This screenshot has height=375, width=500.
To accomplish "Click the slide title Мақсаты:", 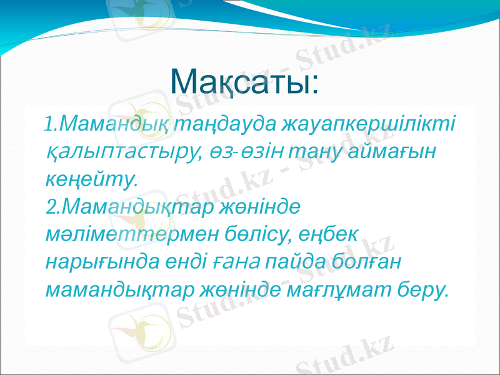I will click(x=245, y=82).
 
